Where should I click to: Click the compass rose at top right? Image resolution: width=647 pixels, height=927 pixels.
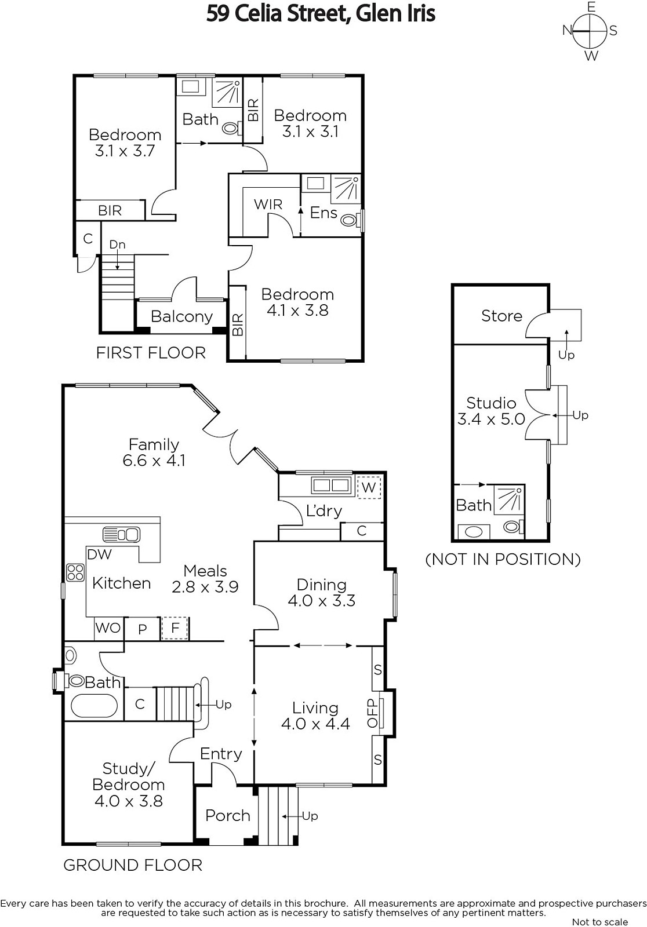590,31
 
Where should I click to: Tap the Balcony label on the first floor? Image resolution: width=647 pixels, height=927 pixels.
181,316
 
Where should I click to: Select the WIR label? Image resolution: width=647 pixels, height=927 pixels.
268,204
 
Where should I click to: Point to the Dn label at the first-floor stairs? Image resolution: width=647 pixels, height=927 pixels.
117,244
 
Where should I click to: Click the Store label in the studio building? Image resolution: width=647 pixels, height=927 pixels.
501,316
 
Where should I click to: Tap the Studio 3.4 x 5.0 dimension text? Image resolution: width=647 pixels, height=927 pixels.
491,419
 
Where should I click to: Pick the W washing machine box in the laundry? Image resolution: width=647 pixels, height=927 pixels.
368,487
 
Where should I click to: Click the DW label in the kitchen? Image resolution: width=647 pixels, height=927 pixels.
99,554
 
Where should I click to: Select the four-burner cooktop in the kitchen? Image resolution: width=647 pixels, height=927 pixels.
75,573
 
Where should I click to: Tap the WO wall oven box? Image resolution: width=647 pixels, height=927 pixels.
108,628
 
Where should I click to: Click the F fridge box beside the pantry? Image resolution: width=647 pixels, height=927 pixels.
175,628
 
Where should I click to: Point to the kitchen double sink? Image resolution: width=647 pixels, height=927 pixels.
121,535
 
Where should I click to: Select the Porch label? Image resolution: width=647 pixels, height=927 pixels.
228,816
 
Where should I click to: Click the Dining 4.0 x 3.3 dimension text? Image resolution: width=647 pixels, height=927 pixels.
321,600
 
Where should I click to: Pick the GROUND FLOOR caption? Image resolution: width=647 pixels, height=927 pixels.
133,866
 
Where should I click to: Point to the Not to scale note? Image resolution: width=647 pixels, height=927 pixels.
600,922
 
